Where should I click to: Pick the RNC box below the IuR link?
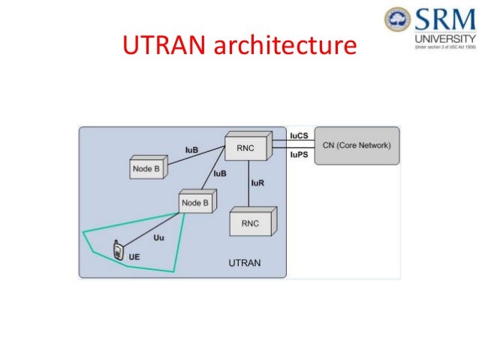(x=252, y=224)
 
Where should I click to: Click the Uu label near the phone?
(x=158, y=238)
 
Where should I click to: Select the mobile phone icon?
(x=118, y=251)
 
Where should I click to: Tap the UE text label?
(x=134, y=257)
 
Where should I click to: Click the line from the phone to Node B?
(x=154, y=229)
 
